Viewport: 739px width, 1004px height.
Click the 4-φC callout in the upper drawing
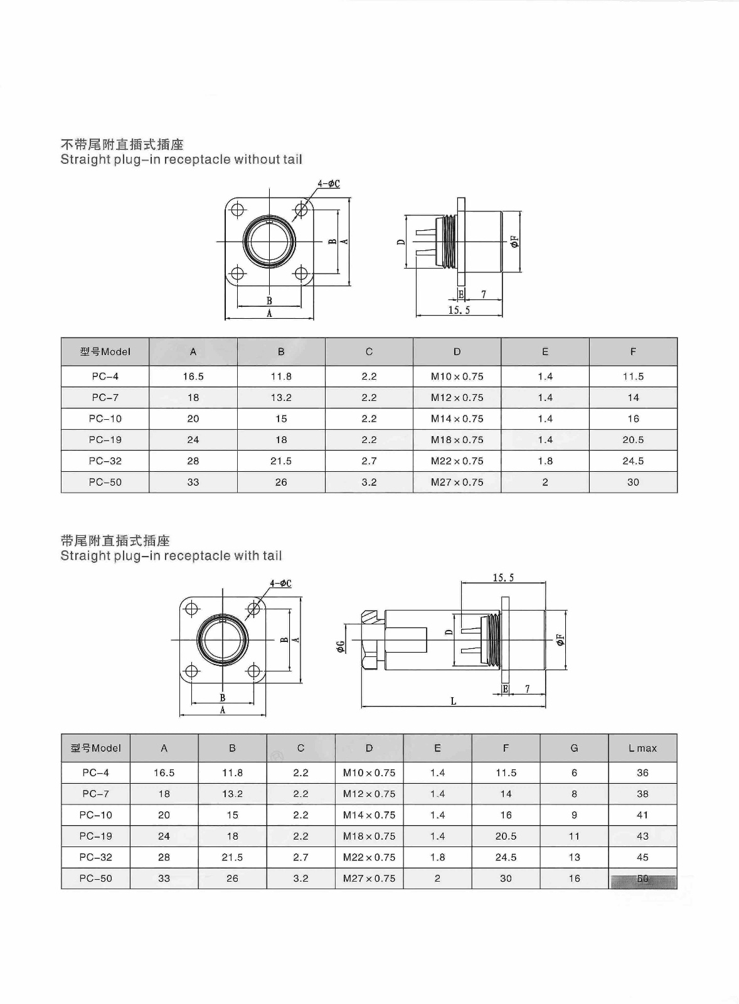pyautogui.click(x=329, y=184)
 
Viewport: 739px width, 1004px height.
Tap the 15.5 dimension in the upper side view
pyautogui.click(x=459, y=310)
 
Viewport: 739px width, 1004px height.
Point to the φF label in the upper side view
pyautogui.click(x=516, y=242)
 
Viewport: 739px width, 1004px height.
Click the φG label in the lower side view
pyautogui.click(x=341, y=646)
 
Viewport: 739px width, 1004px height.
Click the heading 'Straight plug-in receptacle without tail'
pyautogui.click(x=181, y=159)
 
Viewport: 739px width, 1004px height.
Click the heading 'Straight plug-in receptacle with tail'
pyautogui.click(x=171, y=556)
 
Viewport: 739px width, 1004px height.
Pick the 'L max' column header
pyautogui.click(x=642, y=748)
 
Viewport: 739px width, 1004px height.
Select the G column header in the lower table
pyautogui.click(x=574, y=748)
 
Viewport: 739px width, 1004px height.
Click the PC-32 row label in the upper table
pyautogui.click(x=105, y=461)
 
